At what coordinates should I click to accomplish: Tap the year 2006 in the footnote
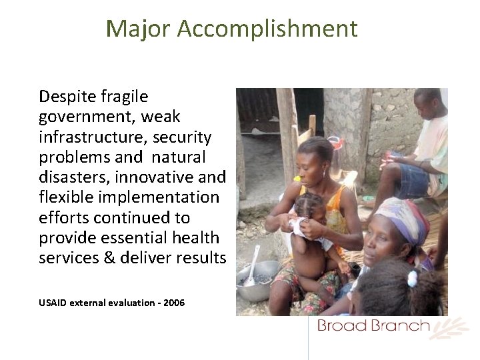[173, 303]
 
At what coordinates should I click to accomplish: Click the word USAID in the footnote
[53, 303]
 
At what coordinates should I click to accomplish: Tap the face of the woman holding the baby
[308, 169]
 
